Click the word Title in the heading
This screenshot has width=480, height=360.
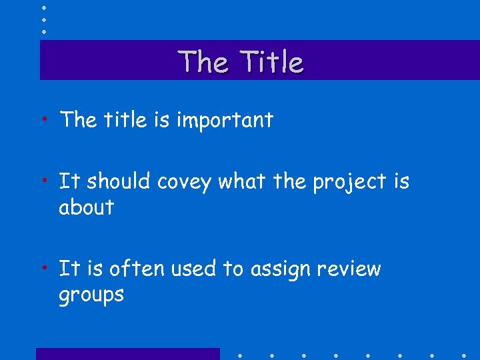[273, 62]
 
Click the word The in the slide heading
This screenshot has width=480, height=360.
[203, 62]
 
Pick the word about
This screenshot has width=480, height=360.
[86, 207]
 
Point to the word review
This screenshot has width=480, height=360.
[349, 269]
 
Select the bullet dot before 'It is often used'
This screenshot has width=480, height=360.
[44, 267]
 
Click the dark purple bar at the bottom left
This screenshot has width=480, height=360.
[127, 353]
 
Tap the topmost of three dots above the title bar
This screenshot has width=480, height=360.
[44, 7]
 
